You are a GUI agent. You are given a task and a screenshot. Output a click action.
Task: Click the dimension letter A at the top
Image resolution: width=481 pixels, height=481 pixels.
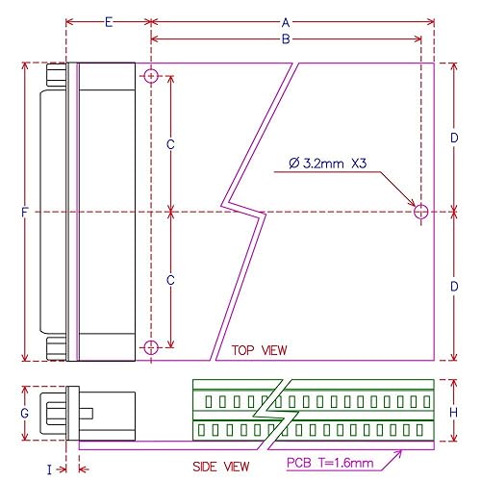pyautogui.click(x=285, y=21)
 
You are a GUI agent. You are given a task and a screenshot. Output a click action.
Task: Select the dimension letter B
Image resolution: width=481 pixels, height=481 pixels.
pyautogui.click(x=285, y=39)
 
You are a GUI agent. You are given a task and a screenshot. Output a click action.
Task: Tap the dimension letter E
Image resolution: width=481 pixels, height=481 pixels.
pyautogui.click(x=108, y=21)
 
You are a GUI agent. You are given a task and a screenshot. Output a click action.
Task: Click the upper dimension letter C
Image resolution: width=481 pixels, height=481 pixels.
pyautogui.click(x=170, y=144)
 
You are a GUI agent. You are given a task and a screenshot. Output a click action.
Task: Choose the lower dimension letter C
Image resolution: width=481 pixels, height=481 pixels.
pyautogui.click(x=170, y=280)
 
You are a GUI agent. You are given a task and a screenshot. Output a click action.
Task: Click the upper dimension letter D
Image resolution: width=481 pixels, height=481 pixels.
pyautogui.click(x=453, y=139)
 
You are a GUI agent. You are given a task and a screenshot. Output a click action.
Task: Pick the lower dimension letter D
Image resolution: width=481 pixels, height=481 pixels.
pyautogui.click(x=453, y=287)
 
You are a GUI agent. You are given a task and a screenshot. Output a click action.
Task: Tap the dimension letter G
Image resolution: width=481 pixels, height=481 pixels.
pyautogui.click(x=25, y=413)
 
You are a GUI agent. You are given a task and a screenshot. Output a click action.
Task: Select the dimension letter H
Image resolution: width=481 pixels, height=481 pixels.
pyautogui.click(x=453, y=413)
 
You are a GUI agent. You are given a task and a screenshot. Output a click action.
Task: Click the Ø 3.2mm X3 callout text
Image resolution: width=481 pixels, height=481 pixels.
pyautogui.click(x=328, y=165)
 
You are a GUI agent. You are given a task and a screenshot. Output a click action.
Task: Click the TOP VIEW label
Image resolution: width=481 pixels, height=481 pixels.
pyautogui.click(x=259, y=350)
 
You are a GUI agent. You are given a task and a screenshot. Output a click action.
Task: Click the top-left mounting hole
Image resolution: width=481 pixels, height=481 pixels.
pyautogui.click(x=151, y=77)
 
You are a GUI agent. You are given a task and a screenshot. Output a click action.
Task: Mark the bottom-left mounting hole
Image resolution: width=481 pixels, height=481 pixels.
pyautogui.click(x=151, y=346)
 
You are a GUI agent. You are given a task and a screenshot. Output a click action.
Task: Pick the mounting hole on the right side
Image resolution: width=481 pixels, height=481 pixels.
pyautogui.click(x=421, y=211)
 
